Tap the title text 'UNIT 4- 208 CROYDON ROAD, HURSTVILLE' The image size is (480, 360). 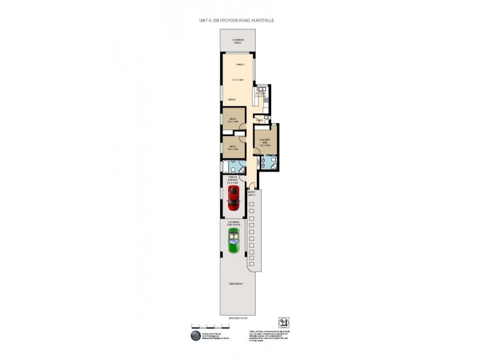click(x=236, y=20)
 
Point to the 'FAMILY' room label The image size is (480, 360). click(x=240, y=64)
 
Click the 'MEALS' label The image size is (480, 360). click(x=232, y=99)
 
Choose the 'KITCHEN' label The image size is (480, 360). click(x=260, y=93)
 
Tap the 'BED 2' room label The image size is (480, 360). click(x=233, y=119)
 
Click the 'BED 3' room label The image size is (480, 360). click(x=233, y=146)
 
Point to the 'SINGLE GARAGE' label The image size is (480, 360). click(x=233, y=179)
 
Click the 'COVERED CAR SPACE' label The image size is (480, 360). click(x=233, y=223)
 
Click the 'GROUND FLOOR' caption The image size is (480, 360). click(x=237, y=317)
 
